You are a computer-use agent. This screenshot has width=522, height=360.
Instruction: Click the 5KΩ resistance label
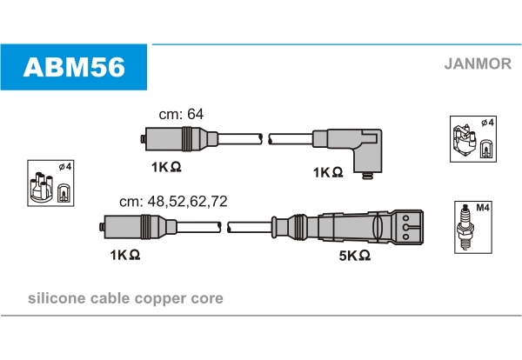pos(354,255)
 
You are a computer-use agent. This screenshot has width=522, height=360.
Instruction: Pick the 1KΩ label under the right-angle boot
pos(327,172)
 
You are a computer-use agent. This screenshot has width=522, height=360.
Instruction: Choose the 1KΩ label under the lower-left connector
pos(124,255)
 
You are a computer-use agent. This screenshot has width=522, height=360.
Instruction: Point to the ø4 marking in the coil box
pos(488,123)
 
